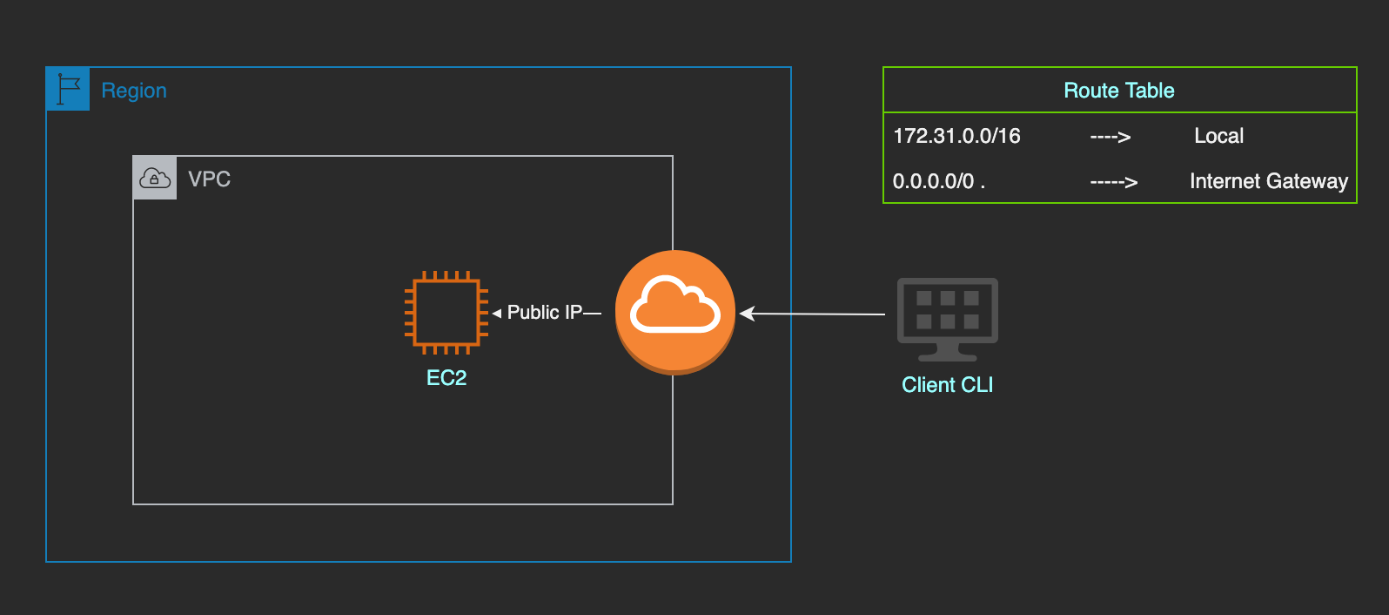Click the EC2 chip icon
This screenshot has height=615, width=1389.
(446, 313)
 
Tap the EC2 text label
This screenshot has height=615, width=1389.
(446, 378)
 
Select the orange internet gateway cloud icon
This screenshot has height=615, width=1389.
(675, 312)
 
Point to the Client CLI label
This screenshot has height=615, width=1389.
(947, 385)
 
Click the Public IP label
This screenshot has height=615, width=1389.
(545, 313)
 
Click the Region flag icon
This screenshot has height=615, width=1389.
(68, 89)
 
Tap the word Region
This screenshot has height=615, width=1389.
(134, 91)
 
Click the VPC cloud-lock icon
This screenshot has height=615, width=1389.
(155, 179)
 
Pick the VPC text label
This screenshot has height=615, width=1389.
(210, 179)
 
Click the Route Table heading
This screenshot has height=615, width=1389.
(1119, 91)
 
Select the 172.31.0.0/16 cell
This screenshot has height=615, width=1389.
(956, 136)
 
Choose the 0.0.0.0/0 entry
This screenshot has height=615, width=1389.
(934, 181)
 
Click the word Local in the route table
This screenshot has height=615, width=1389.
(1218, 136)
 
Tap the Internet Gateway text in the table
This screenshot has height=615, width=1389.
(1268, 181)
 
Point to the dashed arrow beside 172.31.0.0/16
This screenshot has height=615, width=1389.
(1111, 137)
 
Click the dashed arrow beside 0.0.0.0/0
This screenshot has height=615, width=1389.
(1114, 182)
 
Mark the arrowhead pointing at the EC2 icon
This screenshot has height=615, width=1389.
(496, 313)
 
